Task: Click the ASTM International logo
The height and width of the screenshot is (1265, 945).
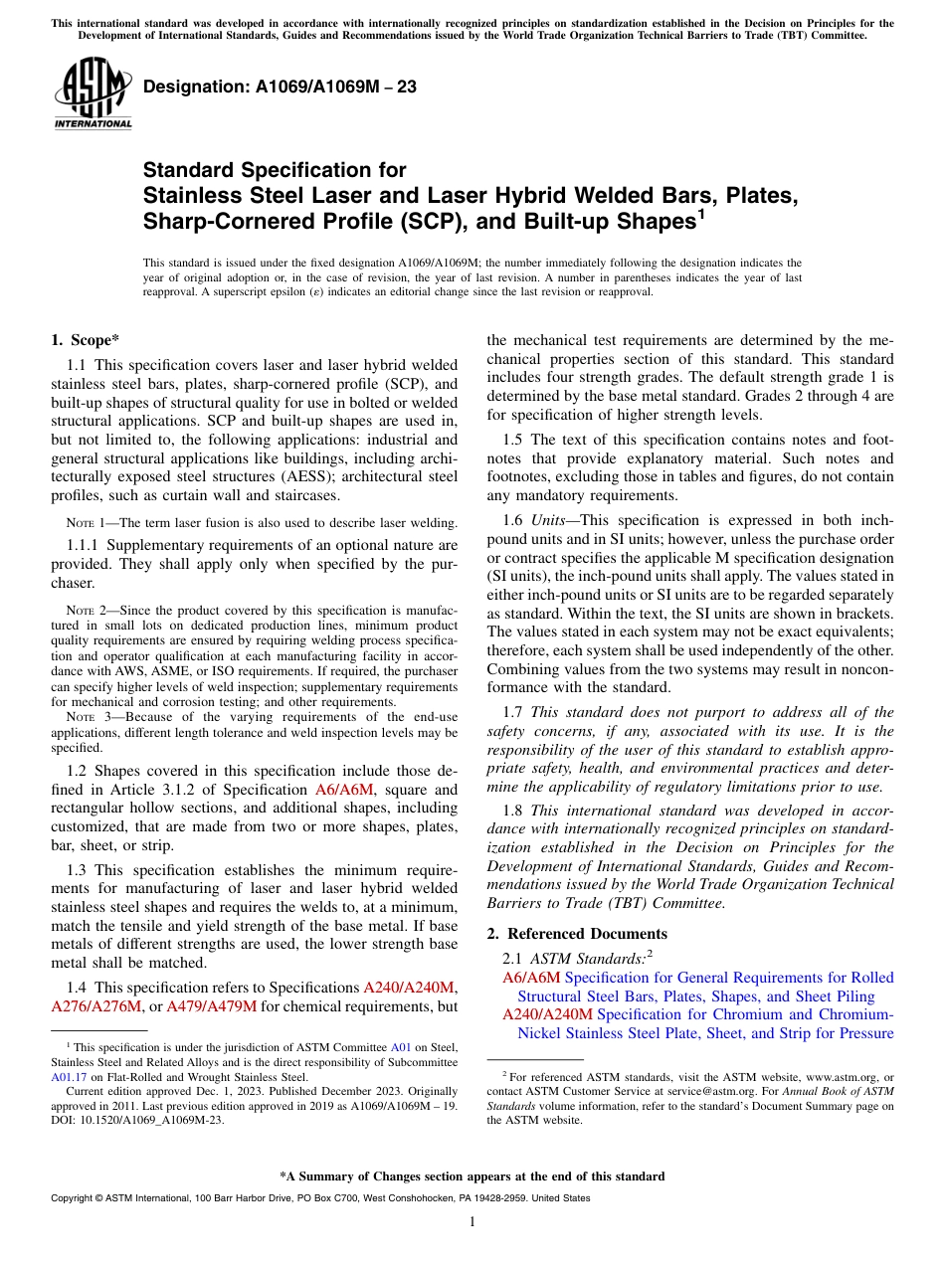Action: tap(93, 93)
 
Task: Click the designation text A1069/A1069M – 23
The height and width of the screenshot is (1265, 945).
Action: tap(280, 87)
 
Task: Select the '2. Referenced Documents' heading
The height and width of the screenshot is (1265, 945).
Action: tap(576, 933)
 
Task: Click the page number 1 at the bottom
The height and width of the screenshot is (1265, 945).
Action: tap(472, 1222)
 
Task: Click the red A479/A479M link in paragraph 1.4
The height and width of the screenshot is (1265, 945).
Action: tap(211, 1006)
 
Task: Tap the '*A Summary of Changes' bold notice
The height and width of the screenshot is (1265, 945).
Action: tap(472, 1176)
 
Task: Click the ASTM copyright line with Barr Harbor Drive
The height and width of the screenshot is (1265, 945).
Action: tap(320, 1198)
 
